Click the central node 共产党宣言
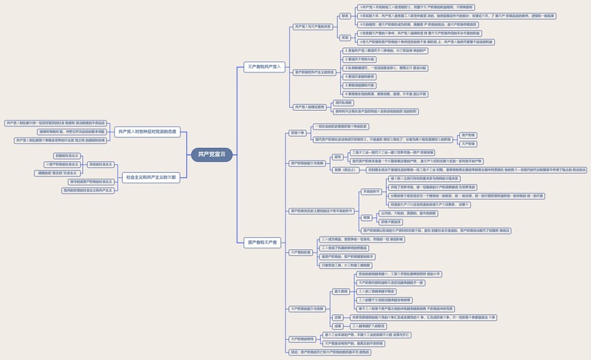pyautogui.click(x=212, y=154)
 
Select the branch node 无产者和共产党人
pyautogui.click(x=264, y=67)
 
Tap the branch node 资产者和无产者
pyautogui.click(x=263, y=242)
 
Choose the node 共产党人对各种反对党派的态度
pyautogui.click(x=146, y=132)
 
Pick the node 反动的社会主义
pyautogui.click(x=101, y=164)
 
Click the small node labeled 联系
pyautogui.click(x=345, y=16)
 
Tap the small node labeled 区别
pyautogui.click(x=345, y=38)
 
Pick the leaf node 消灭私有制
pyautogui.click(x=344, y=103)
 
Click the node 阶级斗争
pyautogui.click(x=297, y=133)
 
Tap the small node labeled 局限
pyautogui.click(x=367, y=217)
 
